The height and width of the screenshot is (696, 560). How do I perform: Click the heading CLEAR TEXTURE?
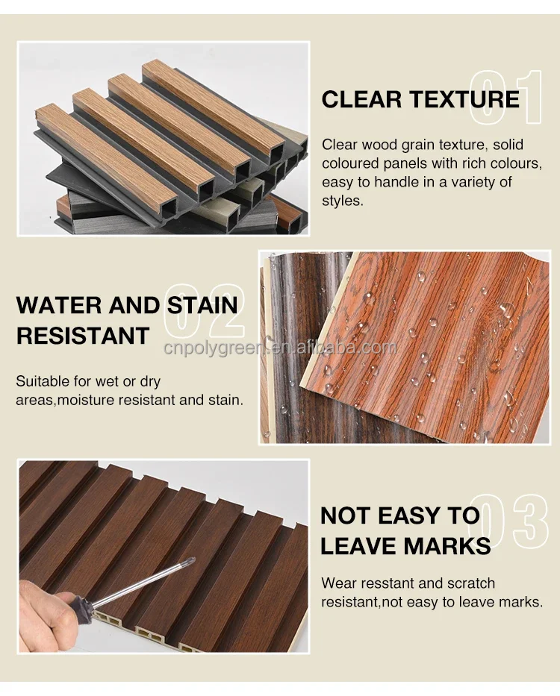click(420, 99)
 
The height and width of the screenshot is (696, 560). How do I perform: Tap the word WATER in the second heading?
click(57, 305)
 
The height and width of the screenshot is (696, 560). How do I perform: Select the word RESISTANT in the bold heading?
click(83, 336)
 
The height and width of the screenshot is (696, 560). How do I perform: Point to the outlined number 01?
click(505, 98)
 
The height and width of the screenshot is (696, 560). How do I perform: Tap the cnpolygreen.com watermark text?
click(280, 348)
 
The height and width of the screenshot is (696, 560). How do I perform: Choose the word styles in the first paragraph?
click(343, 201)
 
